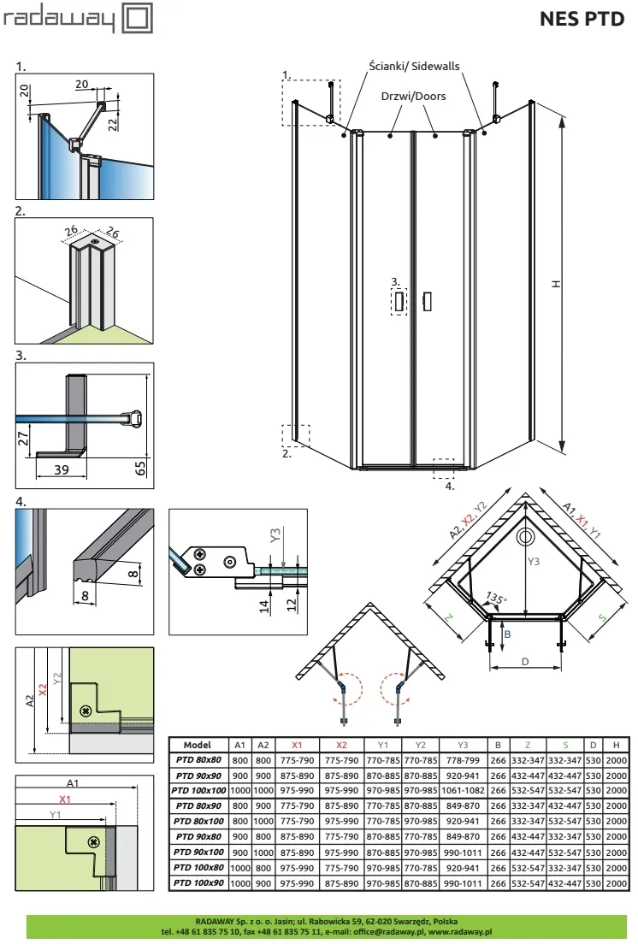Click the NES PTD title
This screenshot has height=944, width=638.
click(x=582, y=19)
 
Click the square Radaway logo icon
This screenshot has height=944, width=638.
click(x=137, y=18)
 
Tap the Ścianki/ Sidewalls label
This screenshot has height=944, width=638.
click(x=414, y=66)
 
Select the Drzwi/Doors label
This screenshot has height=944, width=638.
click(x=413, y=96)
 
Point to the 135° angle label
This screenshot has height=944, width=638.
click(x=496, y=599)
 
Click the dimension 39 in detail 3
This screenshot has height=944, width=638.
click(x=62, y=469)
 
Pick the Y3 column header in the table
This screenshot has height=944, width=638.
click(x=462, y=745)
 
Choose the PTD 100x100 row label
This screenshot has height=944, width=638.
click(x=198, y=790)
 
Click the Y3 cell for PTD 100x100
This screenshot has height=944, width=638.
click(x=462, y=790)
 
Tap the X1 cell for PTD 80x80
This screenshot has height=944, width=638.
click(x=297, y=760)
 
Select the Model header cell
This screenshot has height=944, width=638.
click(x=198, y=745)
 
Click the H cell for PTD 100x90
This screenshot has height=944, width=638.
click(x=616, y=883)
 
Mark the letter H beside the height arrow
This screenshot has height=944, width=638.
click(x=556, y=284)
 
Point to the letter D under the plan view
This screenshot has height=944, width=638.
click(x=525, y=662)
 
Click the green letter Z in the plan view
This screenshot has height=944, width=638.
click(x=448, y=618)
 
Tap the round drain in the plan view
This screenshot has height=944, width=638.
click(x=525, y=538)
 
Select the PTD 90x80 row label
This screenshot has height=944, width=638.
click(x=198, y=836)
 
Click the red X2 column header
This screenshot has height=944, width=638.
click(x=341, y=745)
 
